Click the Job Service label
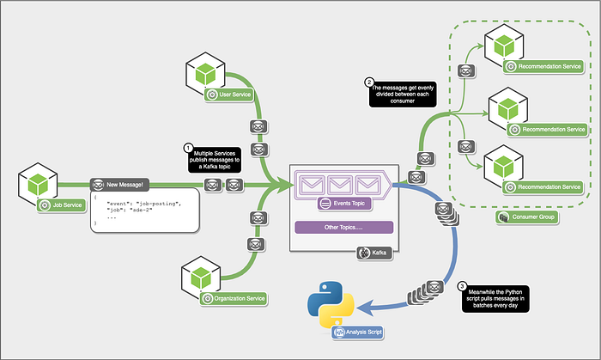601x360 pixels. coord(62,205)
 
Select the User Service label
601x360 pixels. coord(229,95)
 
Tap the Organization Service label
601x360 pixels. coord(234,298)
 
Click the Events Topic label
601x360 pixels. coord(344,203)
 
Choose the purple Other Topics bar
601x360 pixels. coord(343,228)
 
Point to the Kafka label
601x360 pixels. coord(374,253)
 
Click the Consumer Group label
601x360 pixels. coord(526,217)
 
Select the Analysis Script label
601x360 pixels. coord(358,333)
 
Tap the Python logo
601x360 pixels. coord(331,304)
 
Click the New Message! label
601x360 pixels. coord(119,185)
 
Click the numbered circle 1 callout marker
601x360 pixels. coord(188,148)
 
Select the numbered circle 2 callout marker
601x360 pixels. coord(368,82)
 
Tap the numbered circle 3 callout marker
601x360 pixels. coord(462,286)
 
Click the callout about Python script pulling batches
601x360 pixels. coord(495,299)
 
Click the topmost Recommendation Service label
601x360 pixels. coord(543,66)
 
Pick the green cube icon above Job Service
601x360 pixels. coord(38,184)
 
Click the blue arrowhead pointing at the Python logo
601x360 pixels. coord(365,308)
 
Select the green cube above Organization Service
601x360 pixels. coord(201,278)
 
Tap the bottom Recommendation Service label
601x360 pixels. coord(543,187)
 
